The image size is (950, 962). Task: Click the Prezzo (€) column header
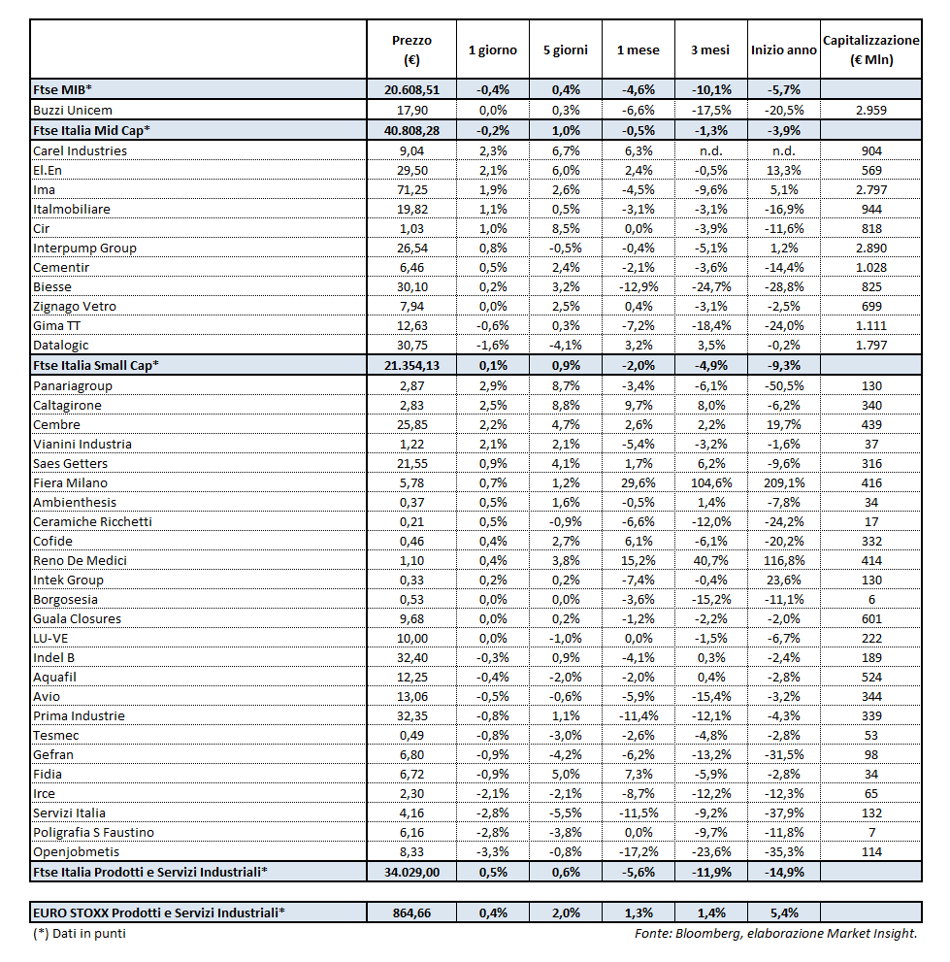click(x=411, y=50)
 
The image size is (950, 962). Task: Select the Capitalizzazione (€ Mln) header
click(x=870, y=50)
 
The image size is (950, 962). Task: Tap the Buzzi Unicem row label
click(x=74, y=110)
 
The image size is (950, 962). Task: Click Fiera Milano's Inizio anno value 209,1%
click(x=782, y=482)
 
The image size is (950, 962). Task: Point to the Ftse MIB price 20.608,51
click(x=412, y=89)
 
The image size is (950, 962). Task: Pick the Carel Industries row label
click(x=80, y=150)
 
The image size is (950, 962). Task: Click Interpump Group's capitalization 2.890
click(x=870, y=248)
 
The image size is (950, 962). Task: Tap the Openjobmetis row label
click(x=77, y=851)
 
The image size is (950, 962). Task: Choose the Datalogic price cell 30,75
click(x=412, y=345)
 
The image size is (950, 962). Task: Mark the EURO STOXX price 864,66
click(x=412, y=912)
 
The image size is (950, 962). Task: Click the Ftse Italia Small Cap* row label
click(x=96, y=364)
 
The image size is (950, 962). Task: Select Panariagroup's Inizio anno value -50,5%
click(x=782, y=385)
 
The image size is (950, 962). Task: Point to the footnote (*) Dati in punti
click(x=79, y=933)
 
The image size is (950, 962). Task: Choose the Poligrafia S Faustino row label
click(x=93, y=832)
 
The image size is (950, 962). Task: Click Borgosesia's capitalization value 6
click(x=870, y=599)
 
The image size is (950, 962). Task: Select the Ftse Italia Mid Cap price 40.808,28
click(x=412, y=130)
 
